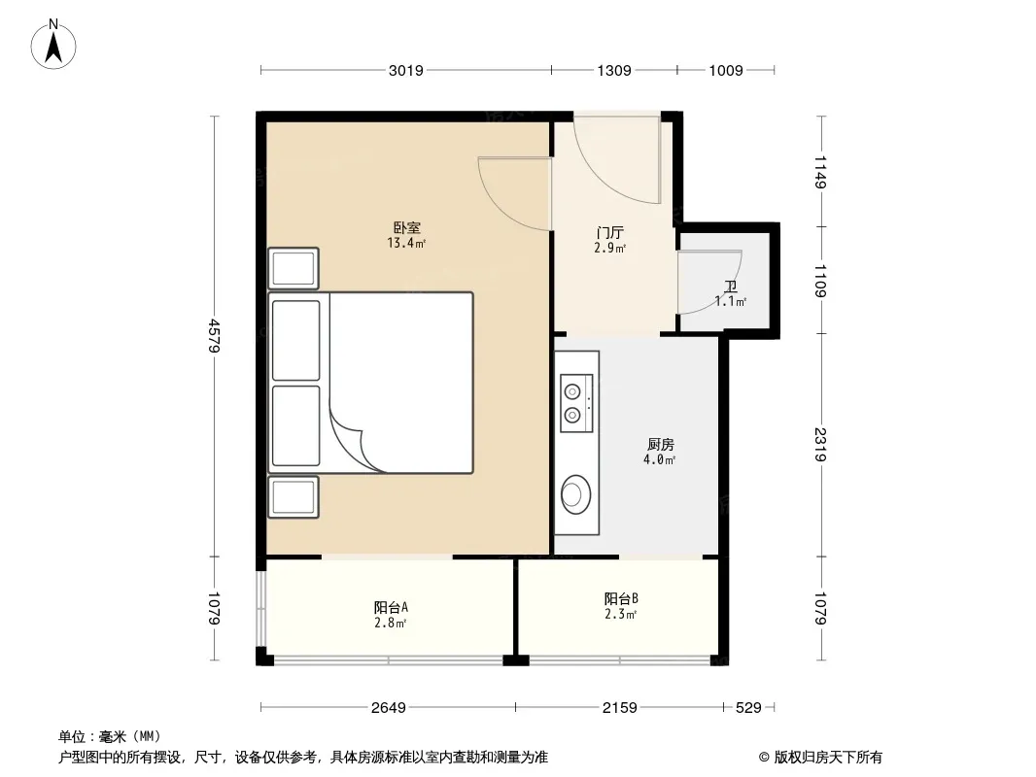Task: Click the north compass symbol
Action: click(53, 45)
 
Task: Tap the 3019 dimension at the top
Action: click(405, 71)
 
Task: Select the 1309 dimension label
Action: click(614, 71)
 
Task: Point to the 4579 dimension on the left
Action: click(214, 336)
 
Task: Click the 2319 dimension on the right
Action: click(820, 445)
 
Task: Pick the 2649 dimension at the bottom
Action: click(389, 708)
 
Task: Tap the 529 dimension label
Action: click(748, 708)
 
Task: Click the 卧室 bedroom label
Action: click(407, 228)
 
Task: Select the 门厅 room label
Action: click(609, 233)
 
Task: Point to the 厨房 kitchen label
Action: click(661, 444)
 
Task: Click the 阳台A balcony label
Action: click(391, 607)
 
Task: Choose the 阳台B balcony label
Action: click(621, 598)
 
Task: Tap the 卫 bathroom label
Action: click(731, 287)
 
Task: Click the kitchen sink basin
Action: click(576, 493)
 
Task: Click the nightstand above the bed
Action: click(294, 268)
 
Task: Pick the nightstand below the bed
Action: click(294, 497)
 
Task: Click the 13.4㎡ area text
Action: click(406, 244)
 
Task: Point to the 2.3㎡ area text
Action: click(620, 615)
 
